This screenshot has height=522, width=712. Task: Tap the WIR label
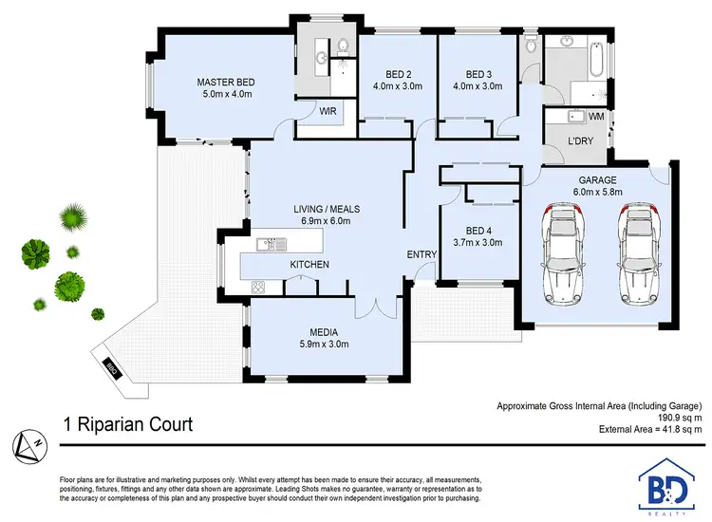pos(329,111)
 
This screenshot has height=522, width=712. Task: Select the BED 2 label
pos(399,75)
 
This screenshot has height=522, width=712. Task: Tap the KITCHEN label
pos(309,264)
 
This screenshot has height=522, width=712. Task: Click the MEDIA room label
pos(325,332)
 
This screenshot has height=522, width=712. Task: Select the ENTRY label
pos(422,254)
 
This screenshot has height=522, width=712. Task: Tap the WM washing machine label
pos(596,117)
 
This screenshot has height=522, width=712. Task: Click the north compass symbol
pos(28,442)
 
